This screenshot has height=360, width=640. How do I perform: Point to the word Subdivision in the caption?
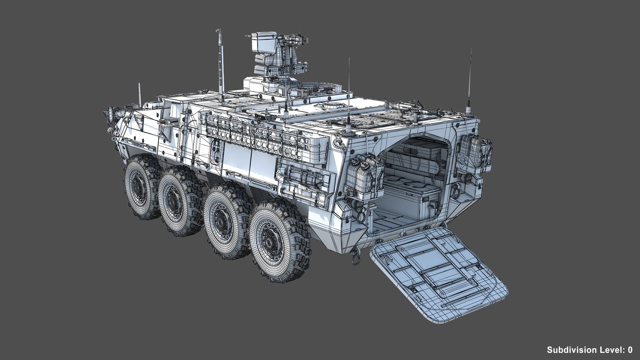pyautogui.click(x=572, y=350)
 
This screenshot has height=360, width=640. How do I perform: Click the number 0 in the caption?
pyautogui.click(x=630, y=350)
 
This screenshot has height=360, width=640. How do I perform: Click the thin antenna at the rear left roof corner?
pyautogui.click(x=349, y=93)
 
